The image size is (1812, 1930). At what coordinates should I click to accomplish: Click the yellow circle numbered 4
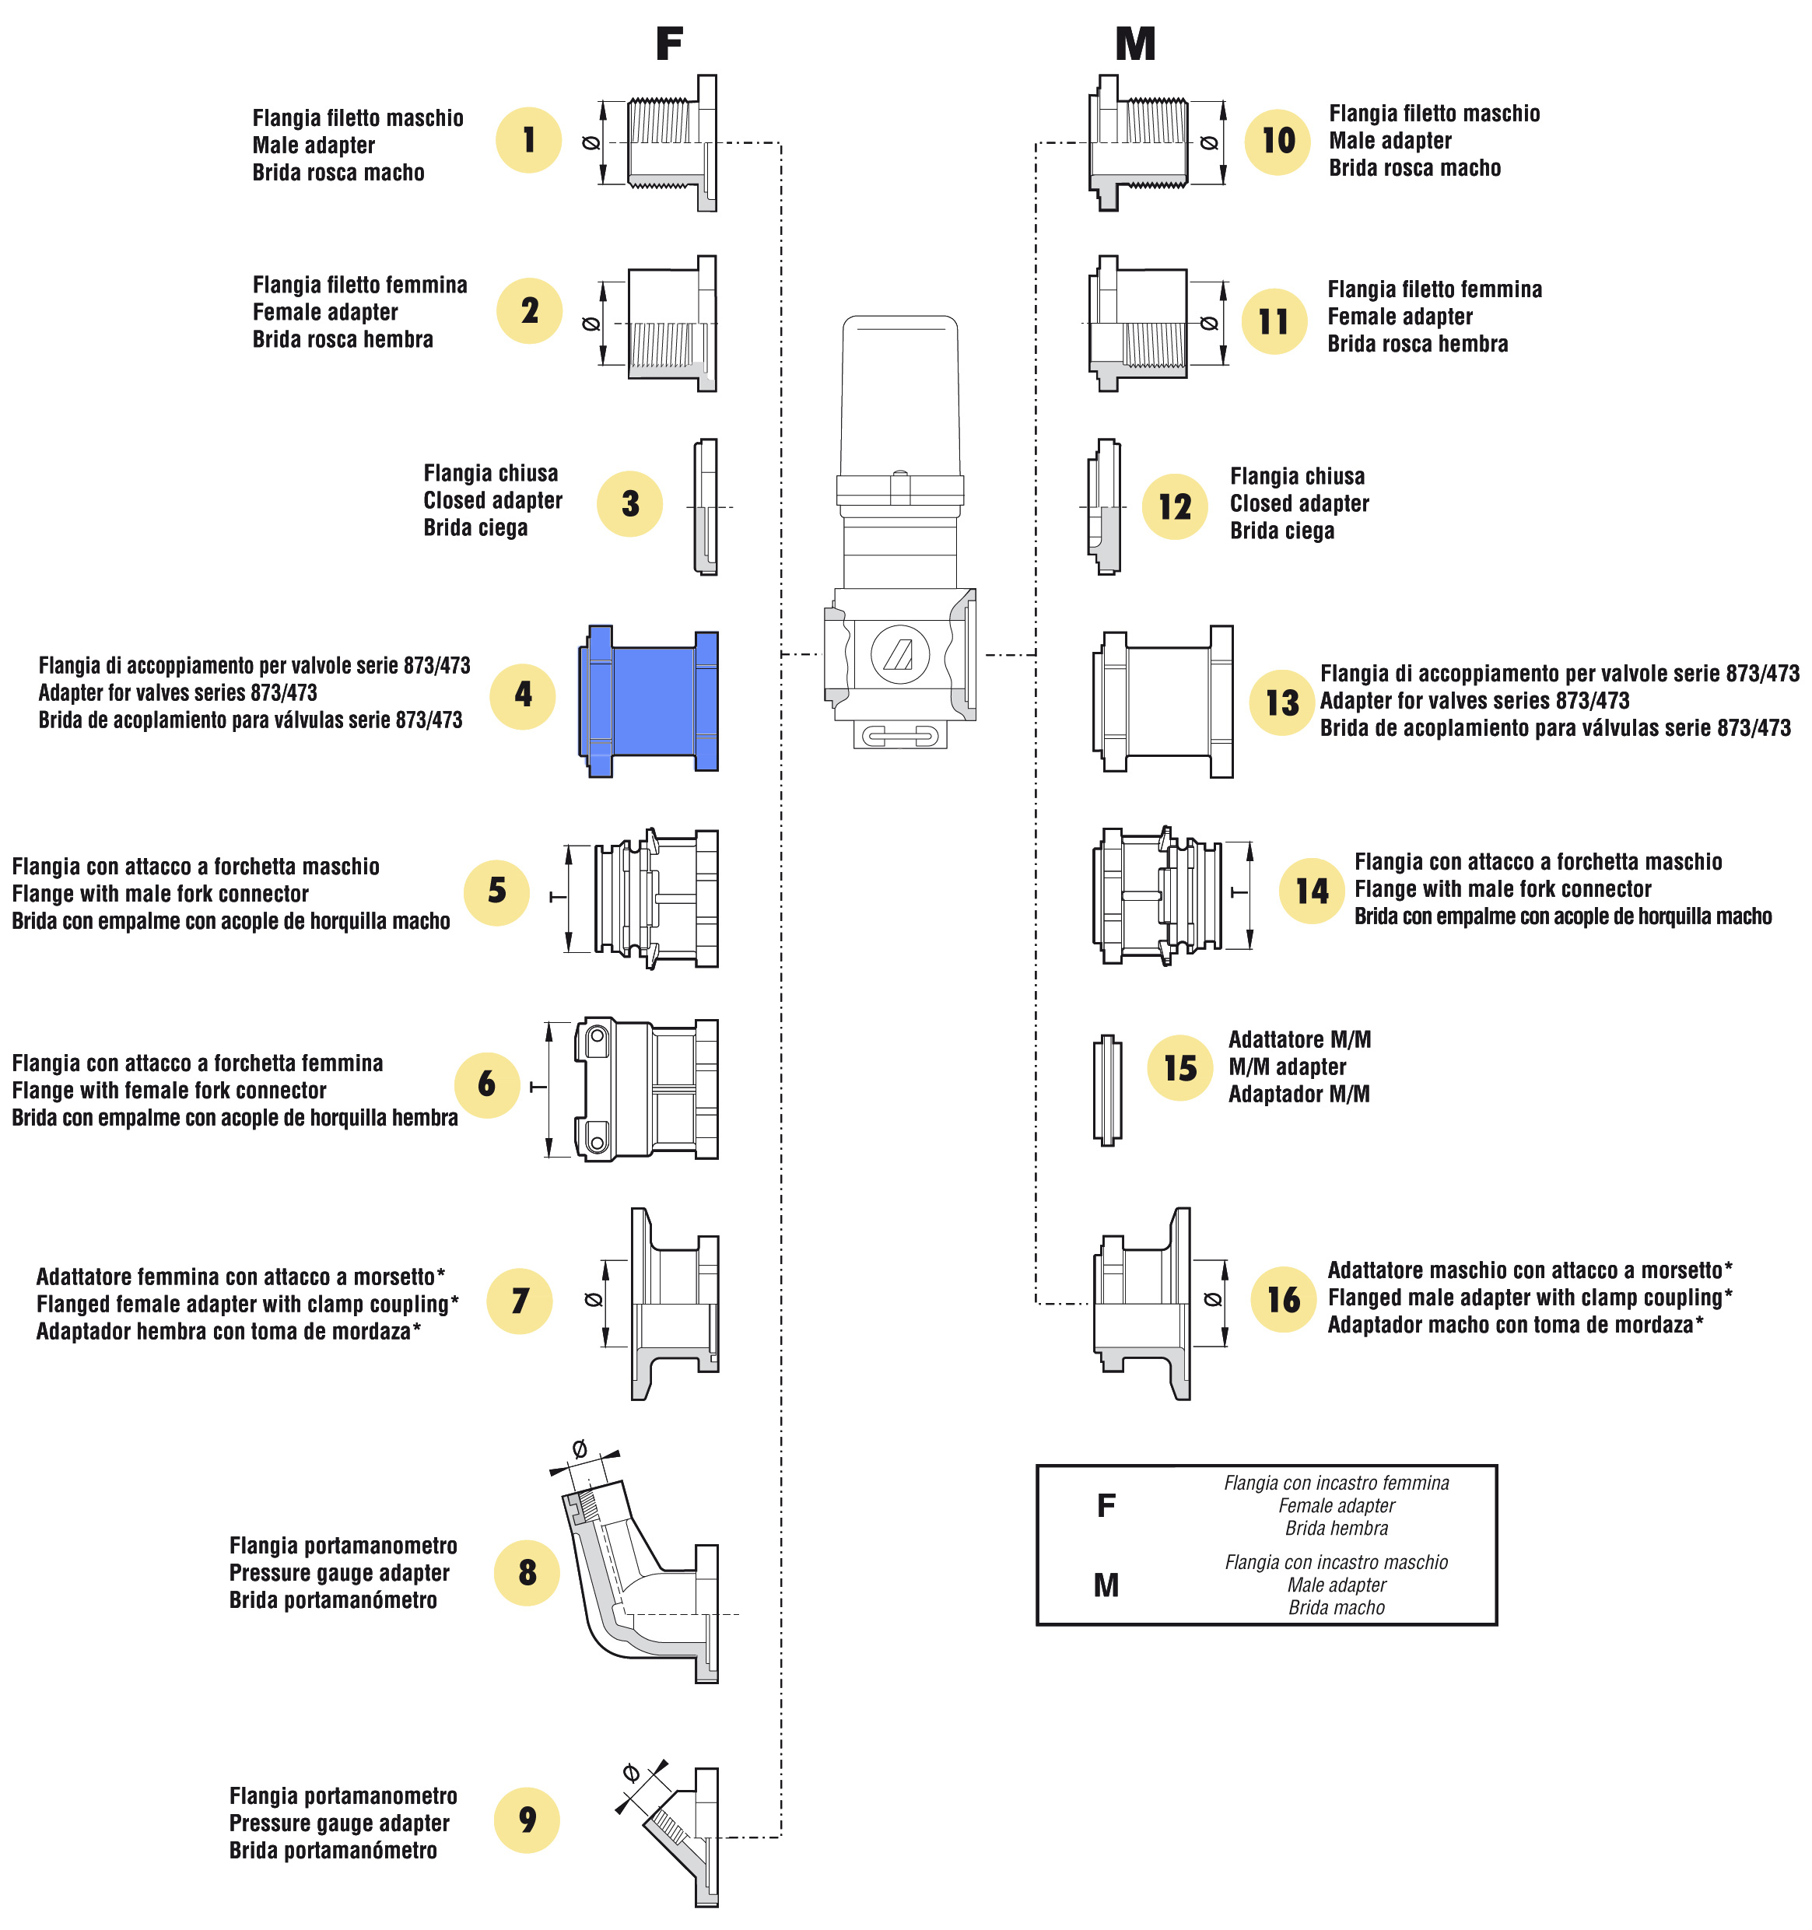coord(522,696)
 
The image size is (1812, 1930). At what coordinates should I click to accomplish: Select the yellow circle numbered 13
coord(1282,702)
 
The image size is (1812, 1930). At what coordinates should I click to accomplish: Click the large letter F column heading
coord(669,44)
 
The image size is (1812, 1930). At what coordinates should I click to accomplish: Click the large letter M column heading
coord(1135,44)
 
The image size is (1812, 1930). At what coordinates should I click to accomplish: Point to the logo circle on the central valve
coord(899,654)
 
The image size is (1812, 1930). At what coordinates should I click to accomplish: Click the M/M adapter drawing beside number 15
coord(1107,1089)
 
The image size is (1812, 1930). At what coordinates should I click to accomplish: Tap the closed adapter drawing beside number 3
coord(706,506)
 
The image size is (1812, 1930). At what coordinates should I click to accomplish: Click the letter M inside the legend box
coord(1106,1585)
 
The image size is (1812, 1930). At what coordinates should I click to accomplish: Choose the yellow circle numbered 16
coord(1284,1299)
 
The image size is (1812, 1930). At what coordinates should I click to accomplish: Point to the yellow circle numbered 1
coord(528,140)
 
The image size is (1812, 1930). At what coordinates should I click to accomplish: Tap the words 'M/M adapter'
coord(1287,1067)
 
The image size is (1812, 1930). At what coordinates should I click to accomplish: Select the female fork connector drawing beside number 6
coord(646,1089)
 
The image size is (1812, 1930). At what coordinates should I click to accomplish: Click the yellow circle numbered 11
coord(1273,321)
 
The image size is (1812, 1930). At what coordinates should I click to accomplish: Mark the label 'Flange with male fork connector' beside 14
coord(1502,889)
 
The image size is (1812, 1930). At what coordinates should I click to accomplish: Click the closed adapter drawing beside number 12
coord(1104,506)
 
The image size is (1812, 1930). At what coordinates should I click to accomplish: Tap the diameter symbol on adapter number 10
coord(1209,142)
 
